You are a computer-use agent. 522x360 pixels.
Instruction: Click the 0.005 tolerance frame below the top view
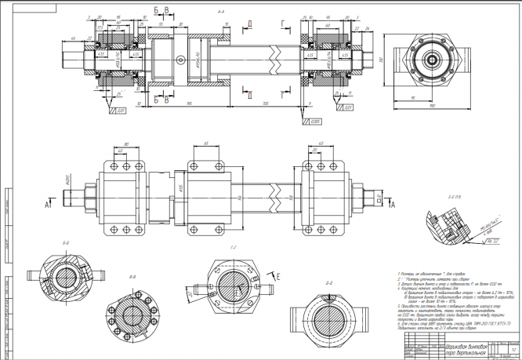pyautogui.click(x=315, y=121)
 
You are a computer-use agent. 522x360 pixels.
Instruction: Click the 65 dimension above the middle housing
pyautogui.click(x=205, y=143)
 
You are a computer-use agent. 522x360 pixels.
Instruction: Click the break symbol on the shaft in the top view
pyautogui.click(x=276, y=59)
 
